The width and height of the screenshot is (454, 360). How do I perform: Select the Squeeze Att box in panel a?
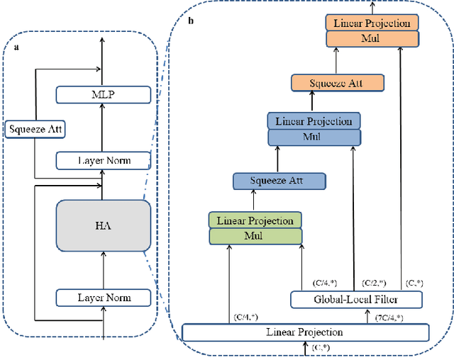[x=28, y=129]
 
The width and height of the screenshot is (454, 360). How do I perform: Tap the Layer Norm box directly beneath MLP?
[x=104, y=160]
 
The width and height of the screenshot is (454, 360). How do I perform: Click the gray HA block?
[x=103, y=225]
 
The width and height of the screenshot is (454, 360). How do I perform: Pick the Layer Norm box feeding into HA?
[x=104, y=298]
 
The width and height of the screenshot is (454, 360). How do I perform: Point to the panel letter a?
[x=17, y=47]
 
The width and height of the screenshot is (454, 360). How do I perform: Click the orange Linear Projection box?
[x=372, y=23]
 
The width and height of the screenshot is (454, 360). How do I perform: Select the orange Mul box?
[x=372, y=38]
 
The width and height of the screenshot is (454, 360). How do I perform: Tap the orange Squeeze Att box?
[x=338, y=83]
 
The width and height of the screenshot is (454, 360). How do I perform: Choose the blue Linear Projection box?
[x=314, y=120]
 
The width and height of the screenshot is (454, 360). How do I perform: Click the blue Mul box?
[x=314, y=136]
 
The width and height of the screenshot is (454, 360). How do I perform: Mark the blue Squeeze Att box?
[x=279, y=181]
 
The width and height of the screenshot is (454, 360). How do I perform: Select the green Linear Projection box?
[x=255, y=220]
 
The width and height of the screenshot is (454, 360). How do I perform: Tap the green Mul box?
[x=255, y=235]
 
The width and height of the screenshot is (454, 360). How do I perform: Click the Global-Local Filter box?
[x=356, y=300]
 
